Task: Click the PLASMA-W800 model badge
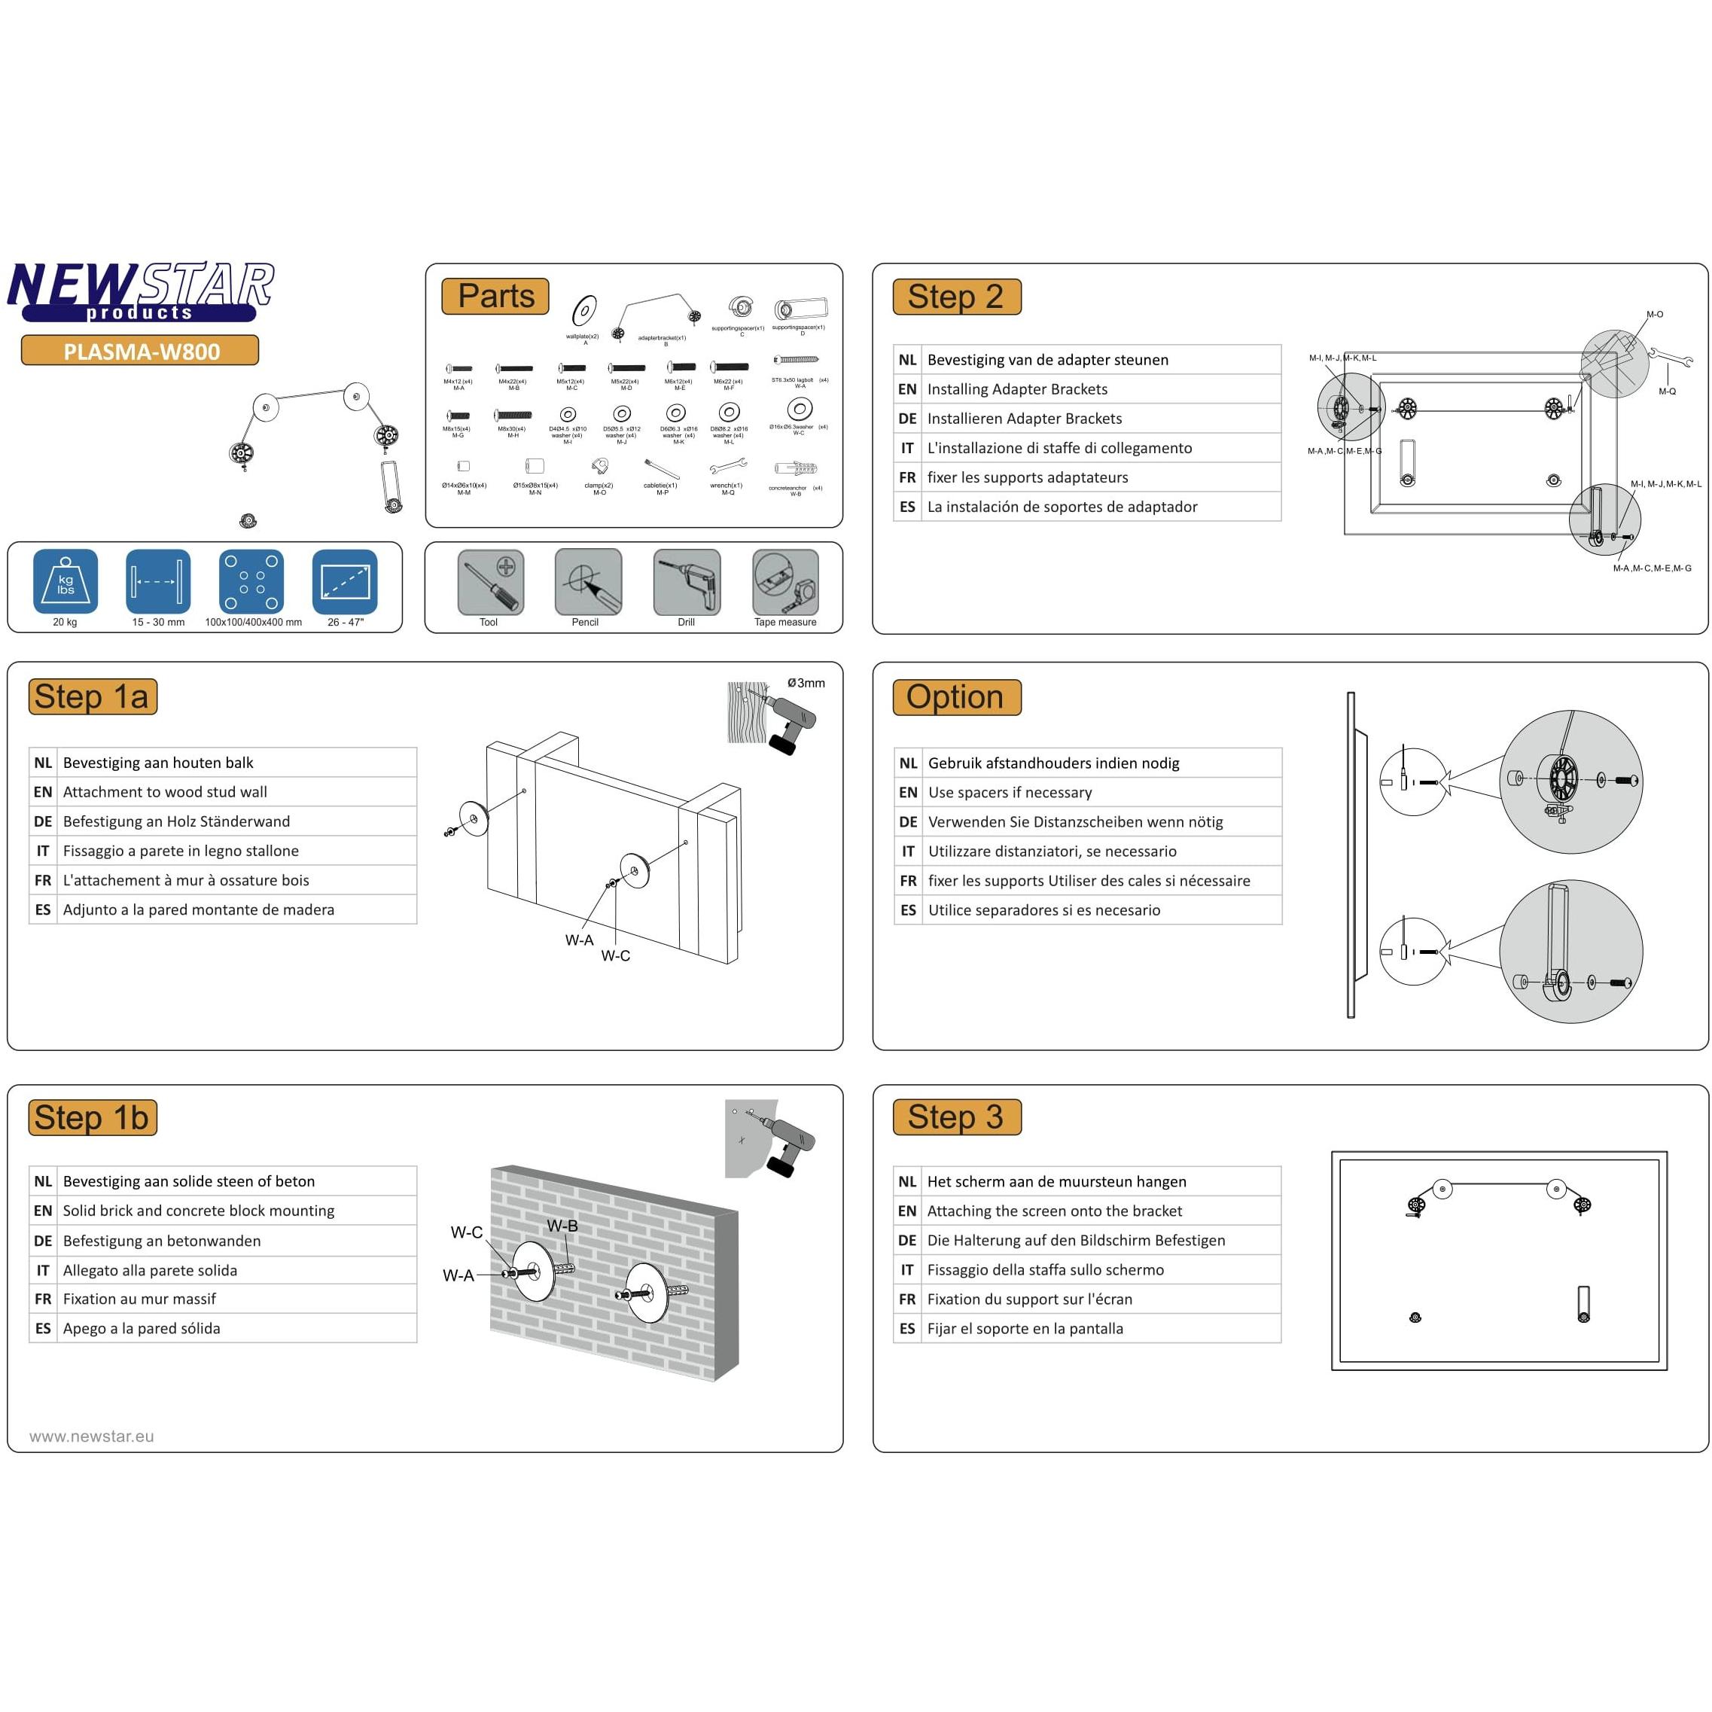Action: tap(140, 351)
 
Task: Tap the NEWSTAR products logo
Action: tap(140, 291)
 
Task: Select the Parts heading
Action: tap(495, 296)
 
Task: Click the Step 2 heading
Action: tap(956, 297)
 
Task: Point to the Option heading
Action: tap(956, 697)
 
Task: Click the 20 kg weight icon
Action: tap(65, 582)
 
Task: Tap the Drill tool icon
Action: tap(687, 582)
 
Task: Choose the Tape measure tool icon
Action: tap(785, 582)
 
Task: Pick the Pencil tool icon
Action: tap(587, 582)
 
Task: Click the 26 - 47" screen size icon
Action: tap(345, 582)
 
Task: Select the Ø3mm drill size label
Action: tap(806, 683)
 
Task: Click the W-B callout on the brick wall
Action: tap(562, 1226)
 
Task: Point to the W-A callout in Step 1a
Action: tap(579, 940)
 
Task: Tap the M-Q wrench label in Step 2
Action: tap(1667, 391)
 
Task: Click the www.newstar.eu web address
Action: tap(91, 1436)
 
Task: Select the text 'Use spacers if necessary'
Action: tap(1010, 792)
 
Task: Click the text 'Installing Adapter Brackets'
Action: tap(1016, 389)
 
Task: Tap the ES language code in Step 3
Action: tap(906, 1328)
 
